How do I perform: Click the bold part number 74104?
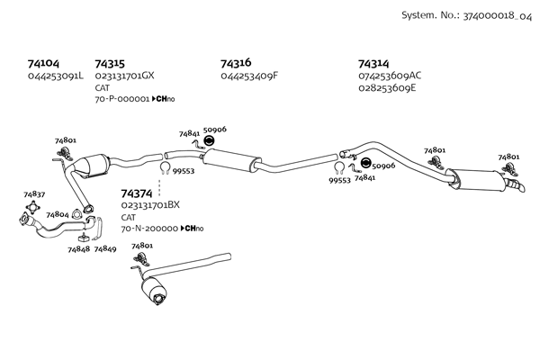coord(43,64)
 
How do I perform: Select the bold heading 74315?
coord(110,64)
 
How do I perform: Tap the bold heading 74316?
coord(236,64)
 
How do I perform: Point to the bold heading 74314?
coord(373,64)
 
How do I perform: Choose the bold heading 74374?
coord(137,193)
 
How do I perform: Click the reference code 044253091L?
coord(56,76)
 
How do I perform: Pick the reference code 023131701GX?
coord(124,76)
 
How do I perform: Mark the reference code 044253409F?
coord(249,76)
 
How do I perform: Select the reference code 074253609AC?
coord(390,76)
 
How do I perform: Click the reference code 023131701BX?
coord(150,205)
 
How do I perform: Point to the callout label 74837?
coord(34,194)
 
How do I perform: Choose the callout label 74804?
coord(58,215)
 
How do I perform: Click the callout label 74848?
coord(77,248)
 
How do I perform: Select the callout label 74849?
coord(105,248)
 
